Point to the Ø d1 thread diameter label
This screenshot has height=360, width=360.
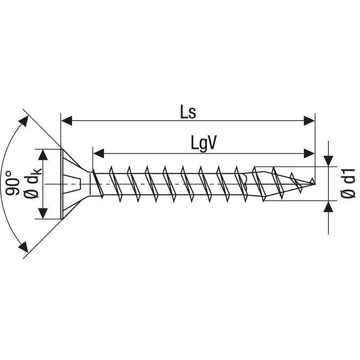(x=348, y=184)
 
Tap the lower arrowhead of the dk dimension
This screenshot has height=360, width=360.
(x=43, y=213)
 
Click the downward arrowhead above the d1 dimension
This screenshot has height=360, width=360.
(x=328, y=161)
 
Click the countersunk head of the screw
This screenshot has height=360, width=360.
(x=72, y=184)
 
